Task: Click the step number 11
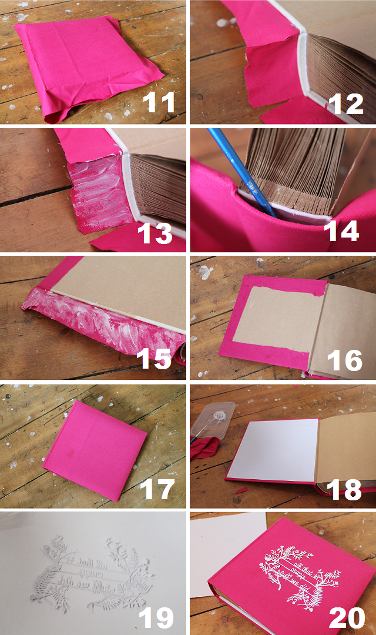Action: click(x=159, y=103)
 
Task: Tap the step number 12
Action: click(x=347, y=103)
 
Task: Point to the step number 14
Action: click(x=343, y=230)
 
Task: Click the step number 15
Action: click(x=155, y=359)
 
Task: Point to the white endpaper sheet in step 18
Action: click(x=272, y=450)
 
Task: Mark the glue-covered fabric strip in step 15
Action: click(x=100, y=320)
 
